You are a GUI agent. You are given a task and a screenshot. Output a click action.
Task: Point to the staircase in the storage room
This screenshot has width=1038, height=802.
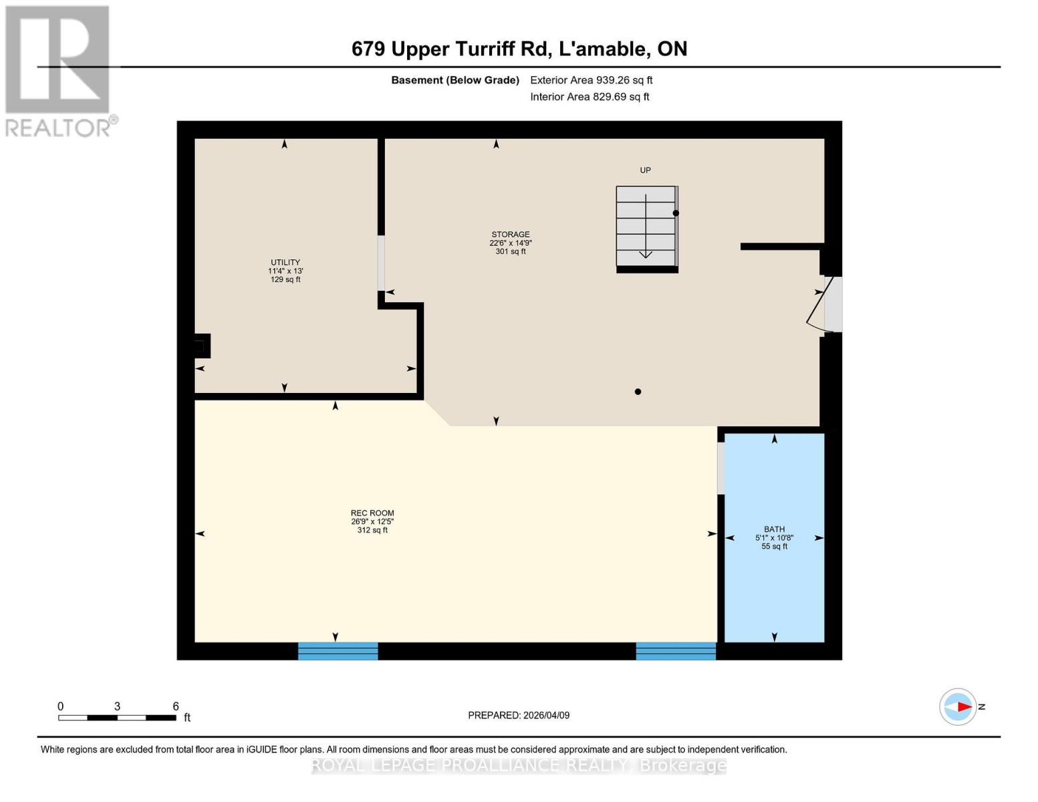point(646,228)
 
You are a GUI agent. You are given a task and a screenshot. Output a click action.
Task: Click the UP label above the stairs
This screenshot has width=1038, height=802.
point(645,170)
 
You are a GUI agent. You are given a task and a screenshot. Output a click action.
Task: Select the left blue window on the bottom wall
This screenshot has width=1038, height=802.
point(338,651)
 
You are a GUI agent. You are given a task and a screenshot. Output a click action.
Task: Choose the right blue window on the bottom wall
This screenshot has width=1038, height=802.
point(676,651)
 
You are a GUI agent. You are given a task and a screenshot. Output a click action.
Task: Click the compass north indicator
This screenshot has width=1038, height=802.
point(958,706)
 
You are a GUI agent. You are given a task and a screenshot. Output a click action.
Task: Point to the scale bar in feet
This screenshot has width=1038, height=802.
point(117,718)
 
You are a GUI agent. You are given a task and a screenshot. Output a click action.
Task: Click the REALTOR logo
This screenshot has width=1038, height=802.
point(59,70)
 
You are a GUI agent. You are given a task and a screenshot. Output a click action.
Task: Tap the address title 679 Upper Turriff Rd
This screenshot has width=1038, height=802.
point(519,49)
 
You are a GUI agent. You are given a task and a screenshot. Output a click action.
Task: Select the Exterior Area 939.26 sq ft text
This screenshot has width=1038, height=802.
point(591,80)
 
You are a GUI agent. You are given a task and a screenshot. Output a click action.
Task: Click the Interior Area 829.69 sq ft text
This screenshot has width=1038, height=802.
point(590,97)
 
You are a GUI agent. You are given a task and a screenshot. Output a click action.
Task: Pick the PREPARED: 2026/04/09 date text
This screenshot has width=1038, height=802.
point(519,715)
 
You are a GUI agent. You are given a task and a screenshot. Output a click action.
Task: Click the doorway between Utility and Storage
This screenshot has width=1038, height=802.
point(381,263)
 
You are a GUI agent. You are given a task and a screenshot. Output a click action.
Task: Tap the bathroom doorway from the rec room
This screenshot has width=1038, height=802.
point(721,468)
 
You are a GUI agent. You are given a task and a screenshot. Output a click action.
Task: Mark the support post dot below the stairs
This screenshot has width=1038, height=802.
point(638,392)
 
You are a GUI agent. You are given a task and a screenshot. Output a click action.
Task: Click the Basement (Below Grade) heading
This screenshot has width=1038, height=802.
point(455,80)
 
